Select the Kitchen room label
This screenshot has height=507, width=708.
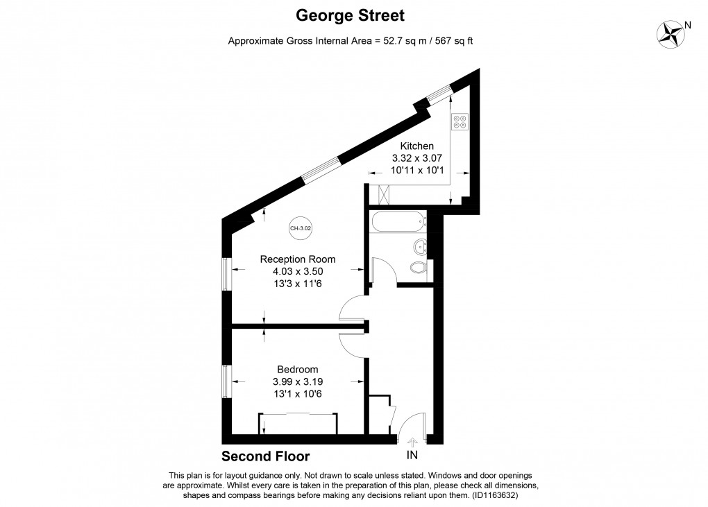[x=417, y=146]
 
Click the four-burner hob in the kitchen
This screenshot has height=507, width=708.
[x=460, y=122]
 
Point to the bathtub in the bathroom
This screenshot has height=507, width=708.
[x=398, y=223]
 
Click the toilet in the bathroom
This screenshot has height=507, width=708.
[x=419, y=267]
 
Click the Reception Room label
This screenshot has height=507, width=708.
[x=298, y=259]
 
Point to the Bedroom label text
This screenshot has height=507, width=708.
[x=298, y=369]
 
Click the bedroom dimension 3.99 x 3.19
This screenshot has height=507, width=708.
[x=298, y=381]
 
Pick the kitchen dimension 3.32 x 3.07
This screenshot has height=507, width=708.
[x=417, y=159]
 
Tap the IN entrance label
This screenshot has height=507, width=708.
[x=412, y=456]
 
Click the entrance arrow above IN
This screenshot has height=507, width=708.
[x=412, y=441]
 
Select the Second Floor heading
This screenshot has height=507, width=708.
[x=265, y=456]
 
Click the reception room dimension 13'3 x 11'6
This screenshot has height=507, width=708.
[x=298, y=284]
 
